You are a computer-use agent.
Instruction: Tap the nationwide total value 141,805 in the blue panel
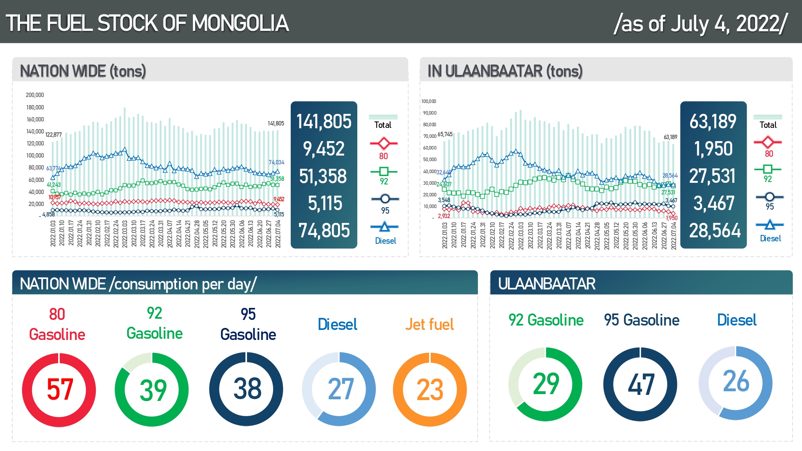pos(324,121)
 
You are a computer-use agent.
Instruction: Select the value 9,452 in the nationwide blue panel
pos(324,149)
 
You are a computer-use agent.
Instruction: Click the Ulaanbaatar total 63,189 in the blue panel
pos(713,121)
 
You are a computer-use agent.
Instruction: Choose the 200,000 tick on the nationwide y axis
pos(35,95)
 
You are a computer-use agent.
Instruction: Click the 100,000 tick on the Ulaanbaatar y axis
pos(429,101)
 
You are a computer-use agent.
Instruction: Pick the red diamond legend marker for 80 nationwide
pos(384,143)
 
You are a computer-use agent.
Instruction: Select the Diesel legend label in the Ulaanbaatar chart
pos(770,239)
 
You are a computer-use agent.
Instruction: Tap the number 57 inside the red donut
pos(60,389)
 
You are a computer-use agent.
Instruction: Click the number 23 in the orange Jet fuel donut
pos(430,390)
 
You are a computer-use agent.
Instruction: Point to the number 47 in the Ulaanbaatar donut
pos(641,384)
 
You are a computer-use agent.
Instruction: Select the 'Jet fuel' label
pos(429,324)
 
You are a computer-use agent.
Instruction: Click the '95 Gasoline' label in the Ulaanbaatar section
pos(642,320)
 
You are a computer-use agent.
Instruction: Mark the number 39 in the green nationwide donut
pos(153,390)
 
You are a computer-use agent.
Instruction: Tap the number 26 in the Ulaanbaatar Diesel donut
pos(736,381)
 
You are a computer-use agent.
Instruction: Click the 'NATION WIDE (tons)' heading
pos(83,71)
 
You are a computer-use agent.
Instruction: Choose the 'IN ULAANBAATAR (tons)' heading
pos(505,71)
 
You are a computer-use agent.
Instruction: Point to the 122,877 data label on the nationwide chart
pos(53,135)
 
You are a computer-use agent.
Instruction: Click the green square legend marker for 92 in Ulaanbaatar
pos(768,169)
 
